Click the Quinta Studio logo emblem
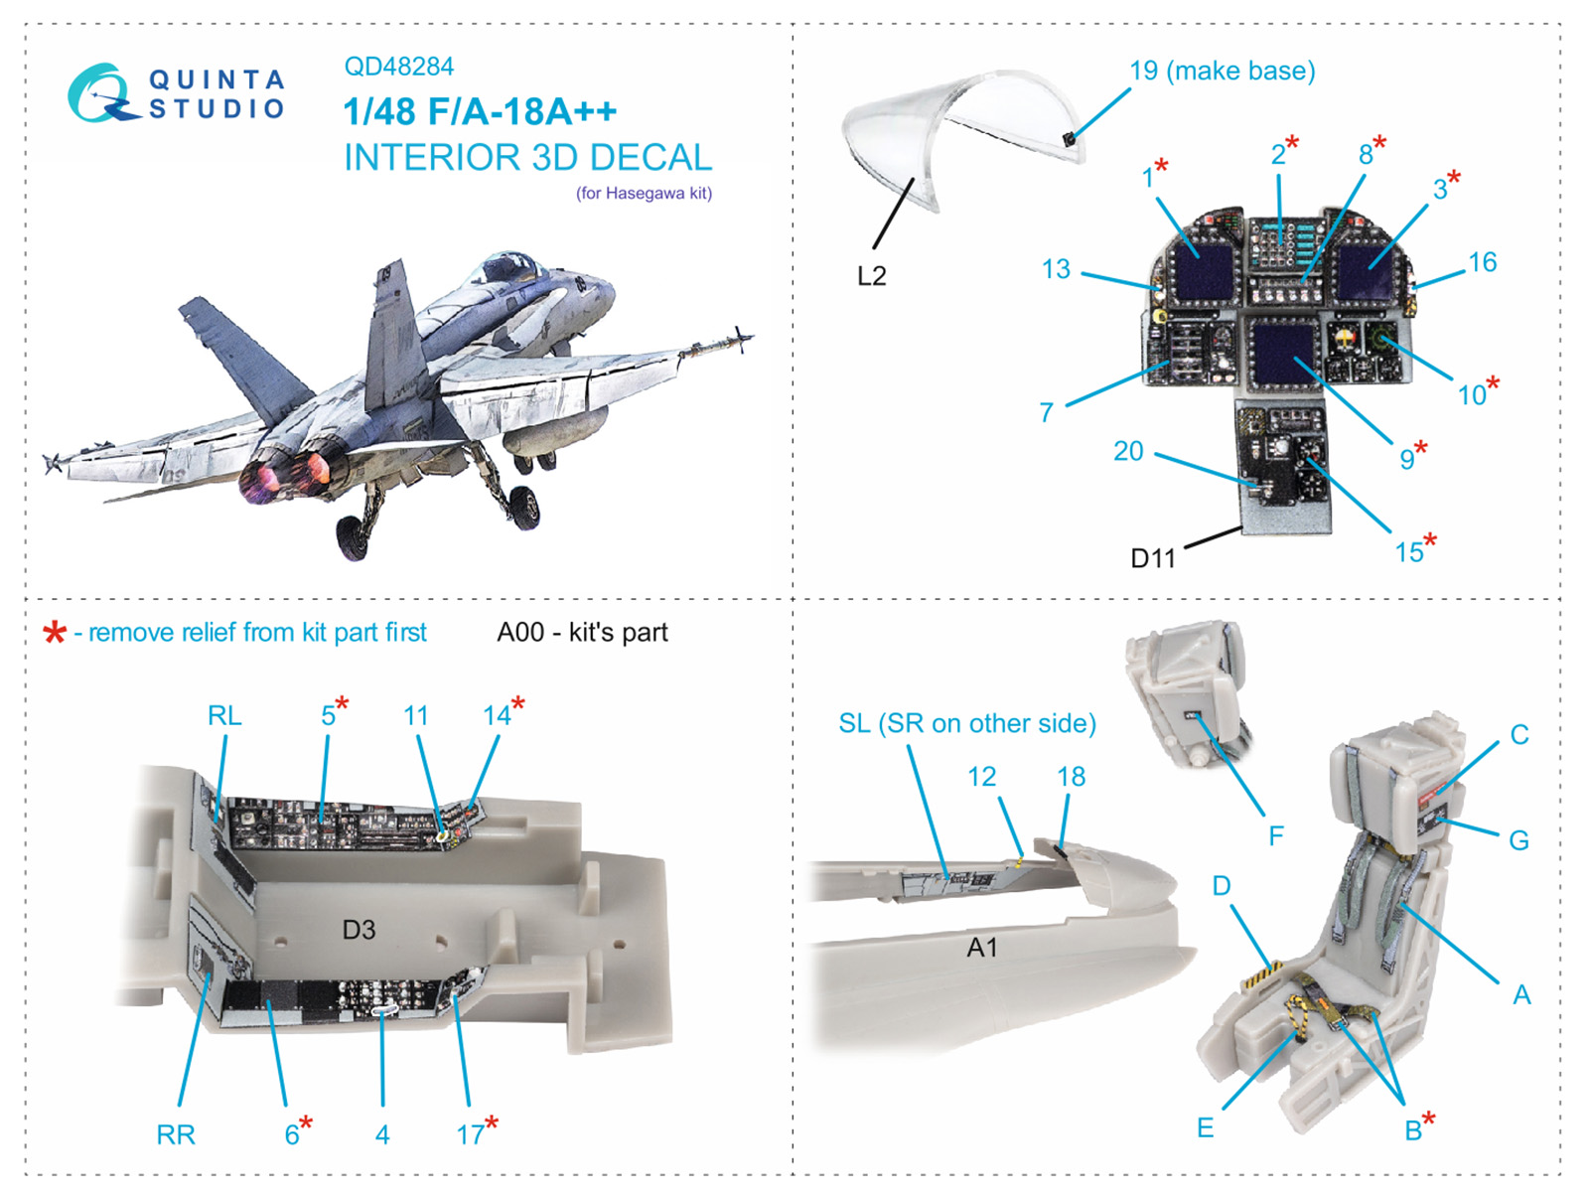tap(100, 94)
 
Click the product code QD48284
tap(398, 67)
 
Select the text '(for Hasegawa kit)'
tap(644, 193)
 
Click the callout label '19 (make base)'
tap(1222, 71)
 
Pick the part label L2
tap(871, 276)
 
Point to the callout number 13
tap(1056, 269)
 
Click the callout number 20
tap(1128, 451)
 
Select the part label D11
tap(1152, 558)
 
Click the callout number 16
tap(1482, 262)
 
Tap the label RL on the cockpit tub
tap(224, 715)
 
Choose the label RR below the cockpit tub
tap(176, 1134)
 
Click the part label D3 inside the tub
tap(359, 930)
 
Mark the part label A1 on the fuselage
tap(981, 948)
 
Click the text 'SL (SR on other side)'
tap(967, 723)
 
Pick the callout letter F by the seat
tap(1276, 836)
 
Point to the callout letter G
tap(1518, 840)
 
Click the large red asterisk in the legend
tap(55, 633)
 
